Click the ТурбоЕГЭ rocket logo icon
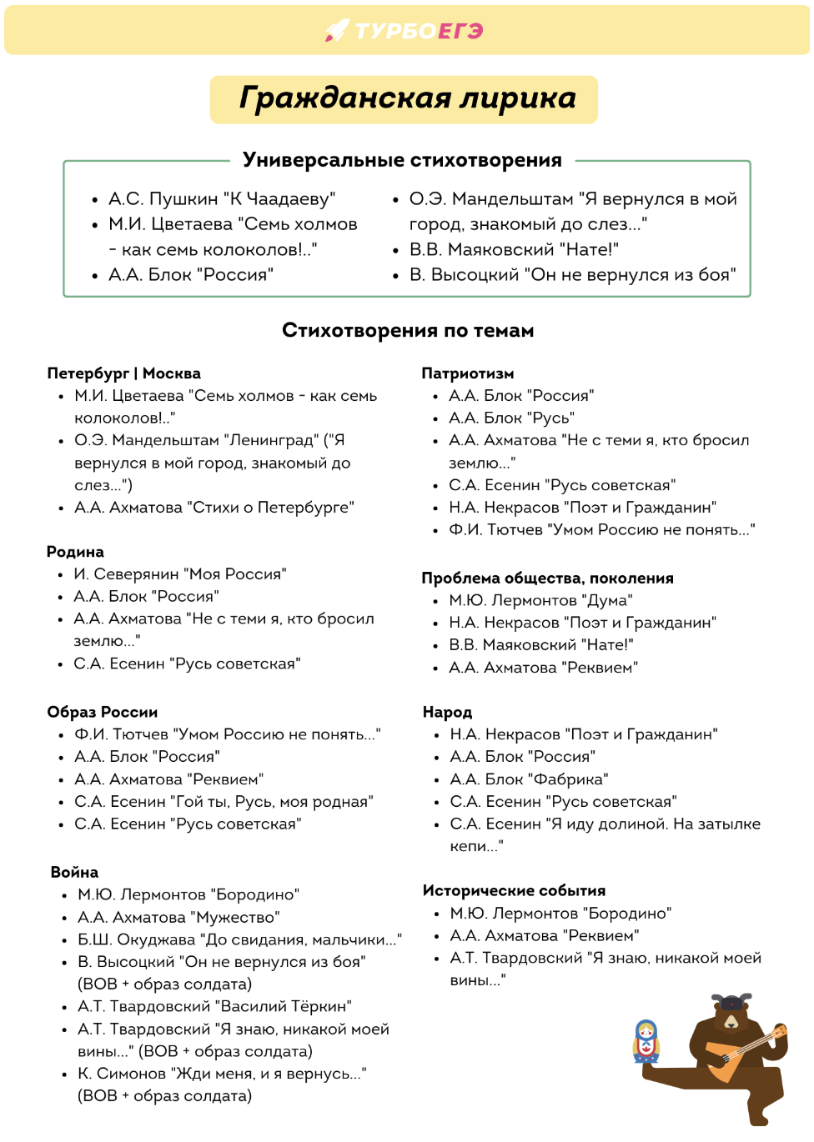point(337,31)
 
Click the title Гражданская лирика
point(407,98)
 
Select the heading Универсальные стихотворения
point(402,160)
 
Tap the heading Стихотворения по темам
point(408,331)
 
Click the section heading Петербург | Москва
point(123,373)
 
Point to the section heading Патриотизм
point(467,373)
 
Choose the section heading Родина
point(75,552)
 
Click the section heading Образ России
point(102,712)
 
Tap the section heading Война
point(74,872)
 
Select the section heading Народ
point(447,712)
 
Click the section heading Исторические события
point(514,890)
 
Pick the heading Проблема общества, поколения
point(547,579)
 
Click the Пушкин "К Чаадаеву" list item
point(221,199)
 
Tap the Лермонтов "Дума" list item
point(540,600)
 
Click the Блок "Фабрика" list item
point(529,779)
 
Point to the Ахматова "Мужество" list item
point(178,917)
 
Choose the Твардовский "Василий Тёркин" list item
point(214,1006)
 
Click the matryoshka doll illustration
point(646,1041)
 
